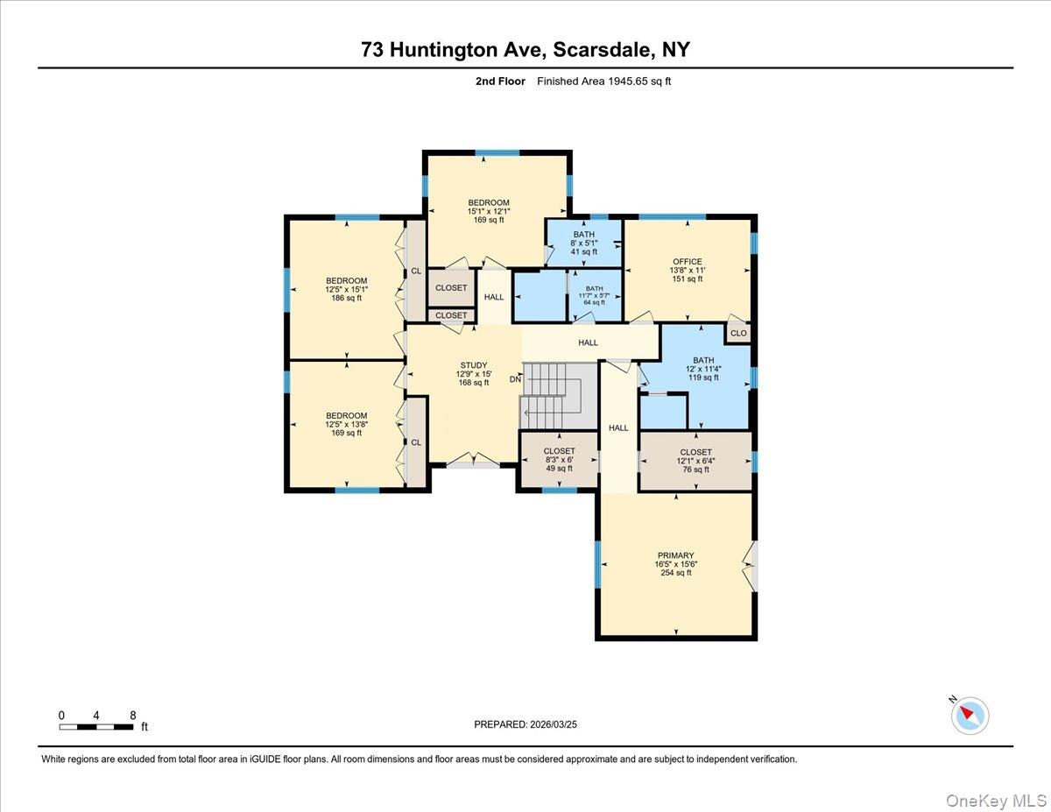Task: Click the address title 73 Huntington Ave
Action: [525, 49]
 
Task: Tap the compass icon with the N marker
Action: [970, 715]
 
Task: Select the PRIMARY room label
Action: [675, 555]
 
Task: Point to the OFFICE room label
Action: [688, 262]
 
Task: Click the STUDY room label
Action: [474, 365]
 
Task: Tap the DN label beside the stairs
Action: [515, 379]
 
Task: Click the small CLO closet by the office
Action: [738, 333]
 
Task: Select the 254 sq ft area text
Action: [675, 573]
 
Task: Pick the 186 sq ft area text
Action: [347, 298]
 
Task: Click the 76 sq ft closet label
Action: [695, 470]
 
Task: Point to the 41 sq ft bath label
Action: [584, 252]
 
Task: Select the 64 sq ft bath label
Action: [595, 302]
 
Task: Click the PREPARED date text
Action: [525, 724]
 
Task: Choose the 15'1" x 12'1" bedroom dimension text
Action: [488, 211]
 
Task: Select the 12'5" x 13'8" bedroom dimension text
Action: [347, 424]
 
